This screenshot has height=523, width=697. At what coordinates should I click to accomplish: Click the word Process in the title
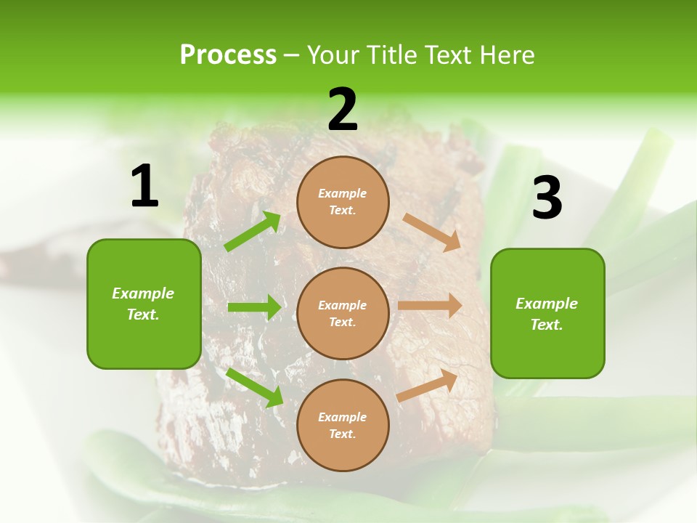(x=228, y=55)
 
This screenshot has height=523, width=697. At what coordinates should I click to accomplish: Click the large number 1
(x=144, y=187)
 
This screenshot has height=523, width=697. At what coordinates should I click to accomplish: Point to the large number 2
(x=343, y=110)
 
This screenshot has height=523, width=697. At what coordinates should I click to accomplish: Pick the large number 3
(x=547, y=198)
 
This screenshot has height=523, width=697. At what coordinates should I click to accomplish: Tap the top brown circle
(x=343, y=202)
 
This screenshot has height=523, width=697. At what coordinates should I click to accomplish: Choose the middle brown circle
(x=343, y=313)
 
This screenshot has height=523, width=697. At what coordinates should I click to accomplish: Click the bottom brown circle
(x=343, y=425)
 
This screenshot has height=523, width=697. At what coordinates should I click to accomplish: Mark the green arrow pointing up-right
(x=253, y=232)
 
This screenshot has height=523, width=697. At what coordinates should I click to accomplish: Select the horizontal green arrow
(x=254, y=307)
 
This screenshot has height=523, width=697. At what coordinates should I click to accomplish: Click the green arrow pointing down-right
(x=254, y=386)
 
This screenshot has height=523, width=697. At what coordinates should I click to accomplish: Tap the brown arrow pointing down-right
(x=431, y=232)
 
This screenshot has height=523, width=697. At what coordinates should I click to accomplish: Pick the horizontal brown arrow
(x=430, y=306)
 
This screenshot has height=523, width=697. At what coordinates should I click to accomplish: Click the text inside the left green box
(x=143, y=304)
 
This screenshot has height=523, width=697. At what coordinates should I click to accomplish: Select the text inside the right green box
(x=547, y=314)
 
